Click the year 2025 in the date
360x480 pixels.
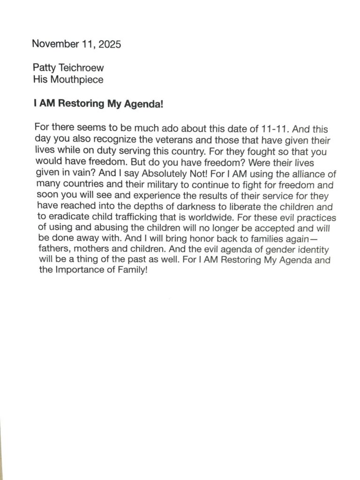110,45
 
